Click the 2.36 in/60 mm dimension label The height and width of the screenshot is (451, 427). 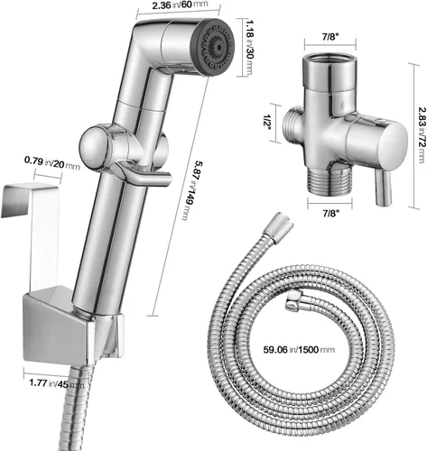coord(180,5)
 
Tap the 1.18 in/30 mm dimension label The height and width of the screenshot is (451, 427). coord(249,48)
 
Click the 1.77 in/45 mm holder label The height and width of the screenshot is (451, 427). coord(57,383)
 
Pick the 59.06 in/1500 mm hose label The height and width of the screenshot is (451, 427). coord(299,350)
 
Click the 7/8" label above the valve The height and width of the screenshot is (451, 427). coord(330,37)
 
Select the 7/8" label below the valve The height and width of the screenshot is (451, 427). coord(330,214)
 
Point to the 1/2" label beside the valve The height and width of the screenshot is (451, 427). coord(266,124)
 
